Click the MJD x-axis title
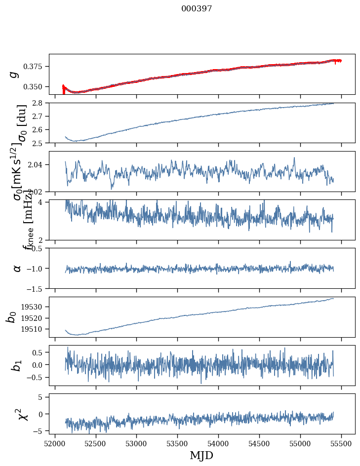coord(201,455)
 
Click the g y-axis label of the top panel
coord(15,74)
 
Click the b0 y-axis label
coord(11,317)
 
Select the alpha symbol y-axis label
coord(17,268)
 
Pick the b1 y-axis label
coord(17,365)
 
